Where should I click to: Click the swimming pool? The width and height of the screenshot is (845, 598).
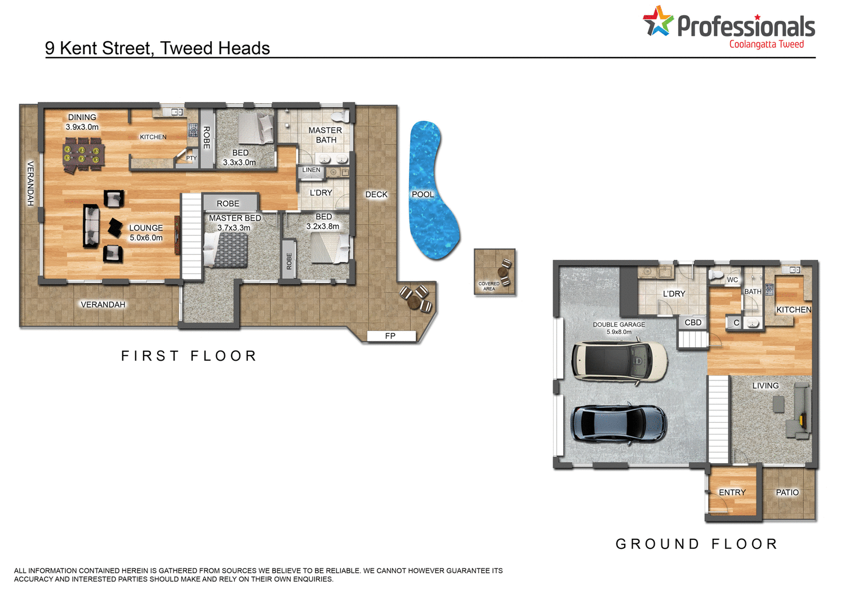[433, 192]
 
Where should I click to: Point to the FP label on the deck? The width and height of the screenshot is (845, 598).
[390, 336]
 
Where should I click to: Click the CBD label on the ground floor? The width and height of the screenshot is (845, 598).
[693, 322]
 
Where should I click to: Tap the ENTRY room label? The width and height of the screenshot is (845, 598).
[732, 493]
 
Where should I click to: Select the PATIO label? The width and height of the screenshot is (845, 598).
[787, 493]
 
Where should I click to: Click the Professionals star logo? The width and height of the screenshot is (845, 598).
[658, 21]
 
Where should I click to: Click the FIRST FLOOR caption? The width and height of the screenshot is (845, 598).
[189, 356]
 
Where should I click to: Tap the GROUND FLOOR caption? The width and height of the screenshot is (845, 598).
[697, 544]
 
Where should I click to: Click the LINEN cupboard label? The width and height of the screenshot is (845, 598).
[311, 170]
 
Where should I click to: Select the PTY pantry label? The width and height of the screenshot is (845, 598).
[192, 158]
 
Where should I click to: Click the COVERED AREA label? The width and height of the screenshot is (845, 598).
[489, 286]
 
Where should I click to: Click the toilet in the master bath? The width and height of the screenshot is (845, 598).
[340, 116]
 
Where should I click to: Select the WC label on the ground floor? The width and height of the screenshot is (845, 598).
[732, 280]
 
